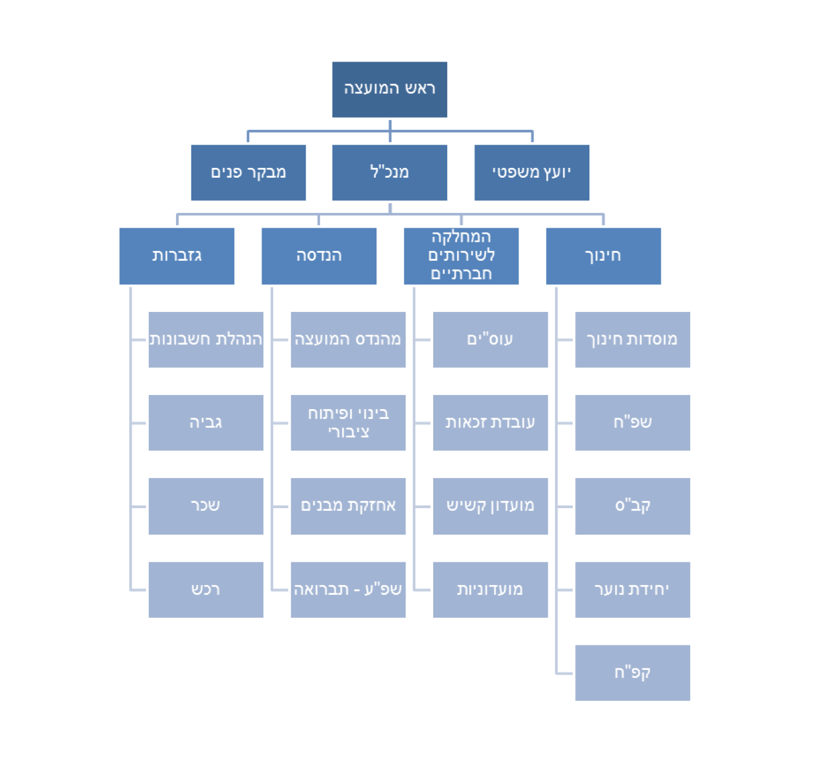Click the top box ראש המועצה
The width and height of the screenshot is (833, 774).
point(389,89)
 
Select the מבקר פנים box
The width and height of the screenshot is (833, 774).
point(248,172)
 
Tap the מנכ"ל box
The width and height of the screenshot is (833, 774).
point(389,172)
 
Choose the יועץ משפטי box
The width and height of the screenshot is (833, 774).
point(532,172)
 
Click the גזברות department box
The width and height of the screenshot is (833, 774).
point(177,256)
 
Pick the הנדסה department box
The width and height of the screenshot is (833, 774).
point(319,256)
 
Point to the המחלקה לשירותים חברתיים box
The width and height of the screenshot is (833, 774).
point(461,256)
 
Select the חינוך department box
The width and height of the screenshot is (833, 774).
point(603,256)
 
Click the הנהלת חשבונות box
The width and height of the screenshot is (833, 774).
point(205,340)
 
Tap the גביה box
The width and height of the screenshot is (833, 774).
point(205,423)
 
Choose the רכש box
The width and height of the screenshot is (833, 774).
point(205,589)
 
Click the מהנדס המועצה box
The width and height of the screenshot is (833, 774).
point(348,340)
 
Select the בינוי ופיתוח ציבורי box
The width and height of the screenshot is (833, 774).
point(348,423)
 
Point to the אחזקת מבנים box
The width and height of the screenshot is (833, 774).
point(348,506)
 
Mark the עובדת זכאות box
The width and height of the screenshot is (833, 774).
point(490,423)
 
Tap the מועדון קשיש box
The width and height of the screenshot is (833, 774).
point(490,506)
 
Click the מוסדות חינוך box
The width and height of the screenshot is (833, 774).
point(632,340)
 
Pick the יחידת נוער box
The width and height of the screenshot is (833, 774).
point(632,589)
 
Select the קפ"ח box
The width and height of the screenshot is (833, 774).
point(632,672)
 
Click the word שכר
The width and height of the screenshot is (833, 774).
point(205,506)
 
